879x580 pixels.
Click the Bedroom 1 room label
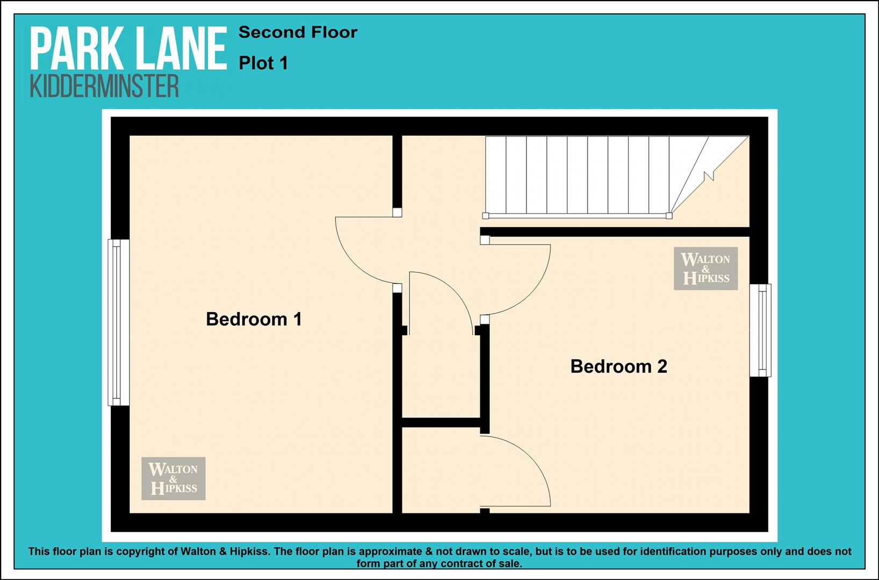tap(254, 319)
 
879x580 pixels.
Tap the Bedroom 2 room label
tap(618, 366)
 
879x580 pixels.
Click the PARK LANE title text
tap(129, 49)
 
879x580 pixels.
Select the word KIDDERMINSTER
tap(104, 86)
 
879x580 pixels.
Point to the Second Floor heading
tap(298, 32)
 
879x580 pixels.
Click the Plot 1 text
tap(263, 63)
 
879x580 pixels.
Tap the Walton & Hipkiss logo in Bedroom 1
tap(174, 479)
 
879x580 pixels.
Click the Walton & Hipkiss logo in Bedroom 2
tap(705, 269)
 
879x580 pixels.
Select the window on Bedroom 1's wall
tap(119, 322)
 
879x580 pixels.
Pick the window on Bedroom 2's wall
tap(760, 330)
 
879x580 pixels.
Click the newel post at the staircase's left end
tap(485, 216)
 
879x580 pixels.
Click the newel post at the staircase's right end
tap(669, 216)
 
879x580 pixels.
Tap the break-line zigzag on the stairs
tap(709, 175)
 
